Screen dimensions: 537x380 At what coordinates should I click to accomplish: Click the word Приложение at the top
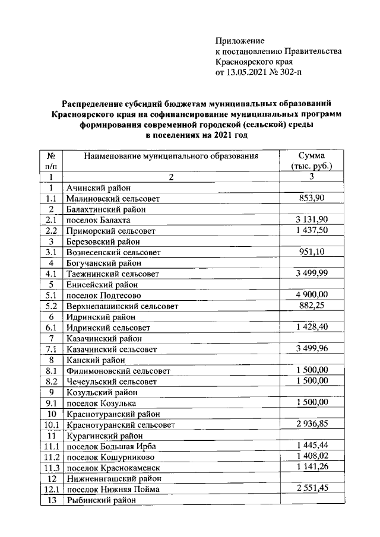tap(239, 41)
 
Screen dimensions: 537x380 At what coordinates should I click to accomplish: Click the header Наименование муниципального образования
tap(171, 157)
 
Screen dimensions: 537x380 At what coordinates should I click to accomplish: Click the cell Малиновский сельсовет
tap(113, 199)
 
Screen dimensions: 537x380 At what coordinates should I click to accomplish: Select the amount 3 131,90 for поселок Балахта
tap(312, 219)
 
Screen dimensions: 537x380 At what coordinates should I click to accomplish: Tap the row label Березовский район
tap(103, 242)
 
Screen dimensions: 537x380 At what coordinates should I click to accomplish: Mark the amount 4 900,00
tap(312, 294)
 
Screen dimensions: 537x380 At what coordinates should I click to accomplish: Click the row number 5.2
tap(50, 306)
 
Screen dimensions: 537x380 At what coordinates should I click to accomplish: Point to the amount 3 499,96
tap(312, 348)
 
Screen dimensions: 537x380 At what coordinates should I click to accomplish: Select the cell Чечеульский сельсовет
tap(112, 382)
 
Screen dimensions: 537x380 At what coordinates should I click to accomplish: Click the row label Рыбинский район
tap(102, 500)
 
